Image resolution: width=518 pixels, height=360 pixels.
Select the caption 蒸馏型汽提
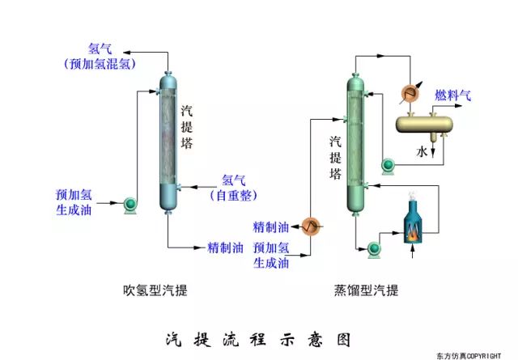[366, 289]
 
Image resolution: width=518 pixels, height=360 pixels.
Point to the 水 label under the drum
[422, 151]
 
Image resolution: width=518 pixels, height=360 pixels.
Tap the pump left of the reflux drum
[388, 166]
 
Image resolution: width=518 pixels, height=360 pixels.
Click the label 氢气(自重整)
[233, 187]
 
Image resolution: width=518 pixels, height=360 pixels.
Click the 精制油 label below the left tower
[225, 247]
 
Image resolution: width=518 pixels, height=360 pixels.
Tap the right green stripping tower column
[357, 144]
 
